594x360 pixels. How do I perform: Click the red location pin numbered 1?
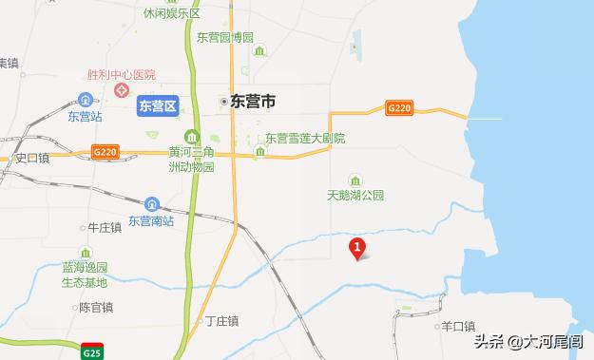pos(357,250)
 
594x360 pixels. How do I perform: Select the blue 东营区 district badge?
pos(157,105)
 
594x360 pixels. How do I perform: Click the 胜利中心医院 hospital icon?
pos(122,91)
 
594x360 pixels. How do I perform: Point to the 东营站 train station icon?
pos(86,101)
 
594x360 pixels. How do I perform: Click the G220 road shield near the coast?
pos(399,109)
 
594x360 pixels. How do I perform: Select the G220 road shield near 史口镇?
pos(105,151)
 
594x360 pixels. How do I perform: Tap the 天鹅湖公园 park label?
pos(355,195)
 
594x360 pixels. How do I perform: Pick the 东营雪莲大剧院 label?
pos(304,139)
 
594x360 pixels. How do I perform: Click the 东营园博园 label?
pos(225,38)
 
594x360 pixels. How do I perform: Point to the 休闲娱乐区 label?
pos(171,14)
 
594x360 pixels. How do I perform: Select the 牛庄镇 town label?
pos(105,228)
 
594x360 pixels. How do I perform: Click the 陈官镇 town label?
pos(96,308)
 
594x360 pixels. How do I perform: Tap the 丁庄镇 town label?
pos(222,321)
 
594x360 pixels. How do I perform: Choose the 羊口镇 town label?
pos(458,326)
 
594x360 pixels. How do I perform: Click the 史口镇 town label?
pos(31,159)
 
